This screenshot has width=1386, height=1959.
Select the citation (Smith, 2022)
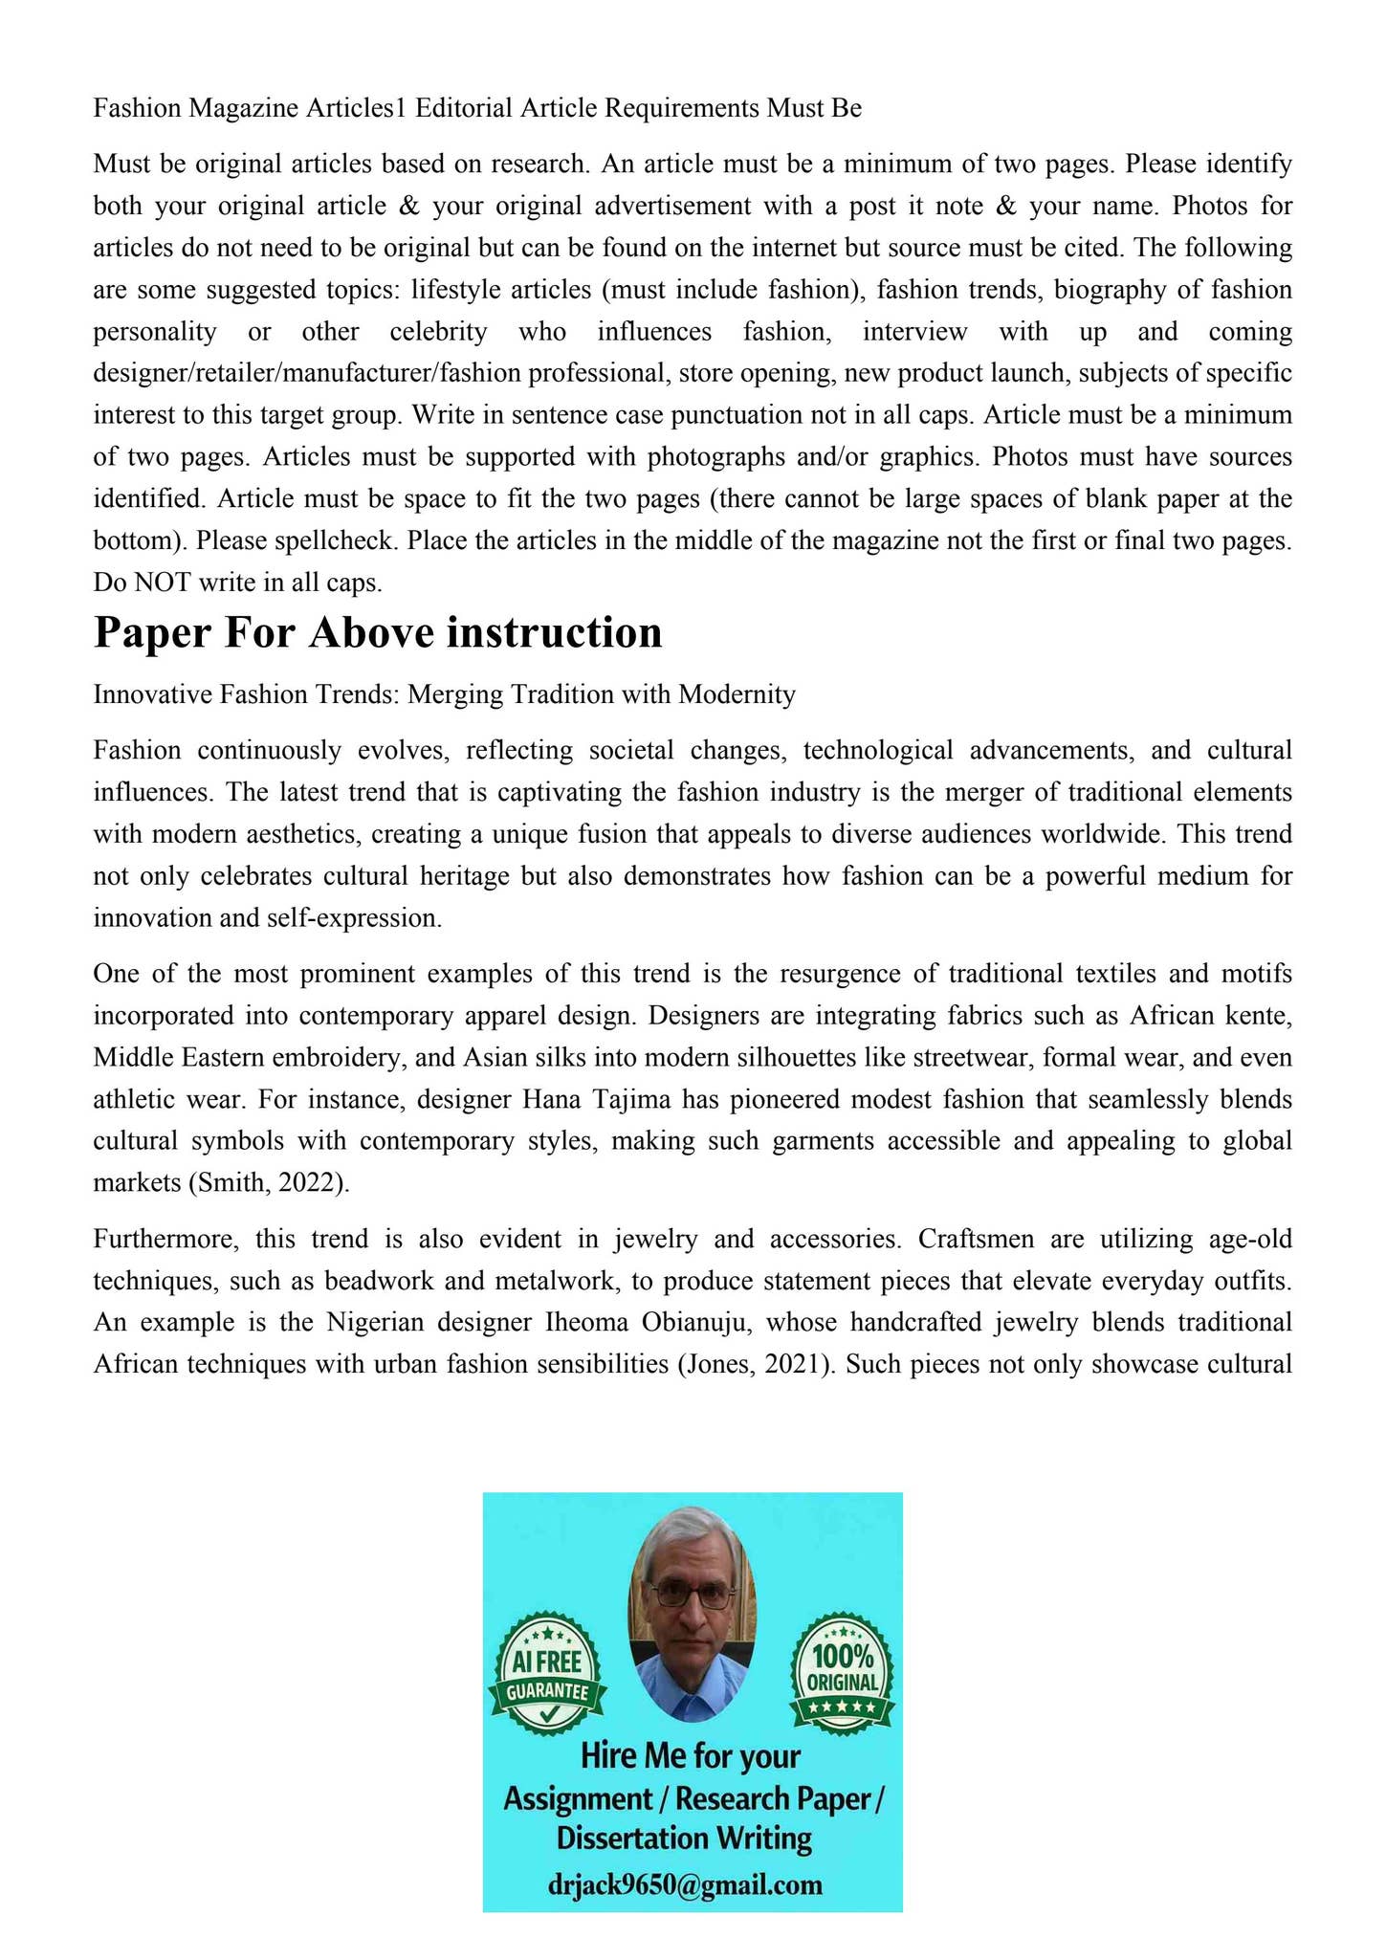[x=270, y=1182]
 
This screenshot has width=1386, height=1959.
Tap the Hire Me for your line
[x=691, y=1756]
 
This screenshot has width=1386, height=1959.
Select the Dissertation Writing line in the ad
[x=684, y=1838]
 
